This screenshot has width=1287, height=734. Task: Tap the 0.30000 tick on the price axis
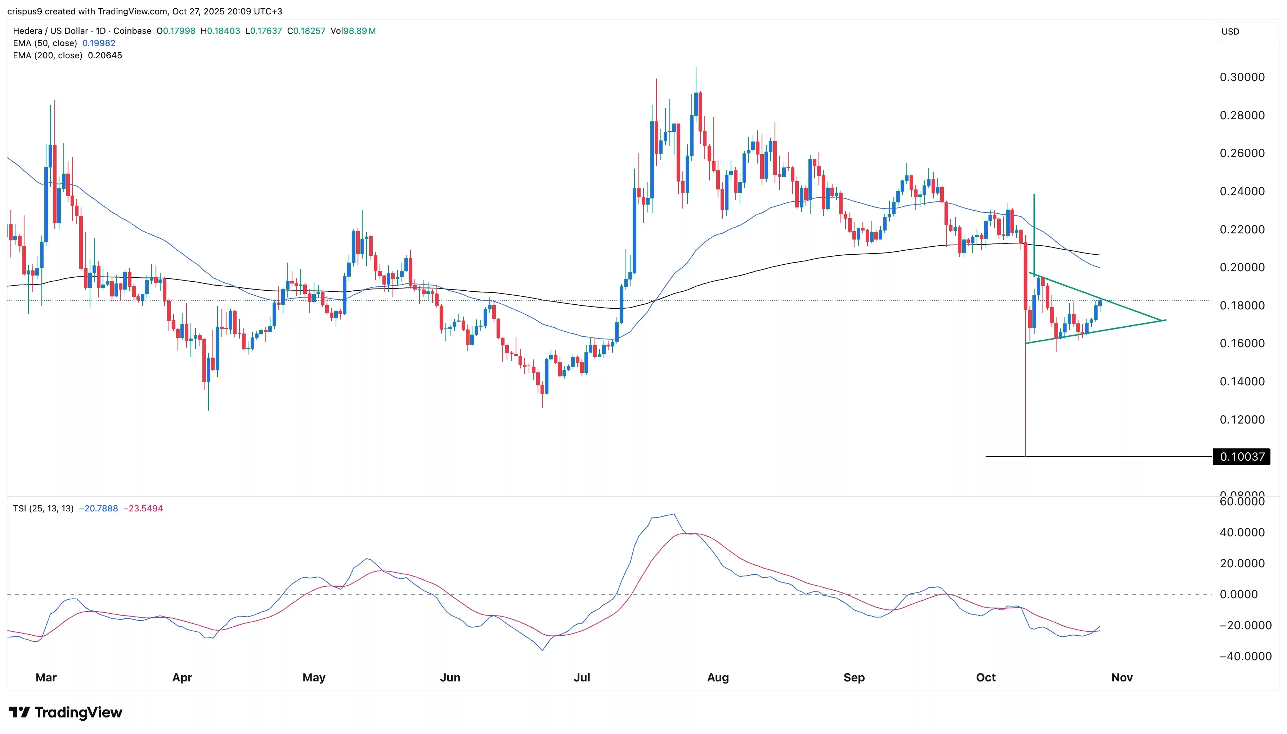[1242, 77]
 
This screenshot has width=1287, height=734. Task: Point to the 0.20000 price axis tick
[1242, 267]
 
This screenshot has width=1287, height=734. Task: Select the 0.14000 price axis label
[1242, 382]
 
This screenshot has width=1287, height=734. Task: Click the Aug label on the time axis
[718, 677]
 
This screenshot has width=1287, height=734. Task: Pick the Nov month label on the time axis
[1122, 677]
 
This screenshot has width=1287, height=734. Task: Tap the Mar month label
[46, 677]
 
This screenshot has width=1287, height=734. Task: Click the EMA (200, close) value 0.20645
[105, 55]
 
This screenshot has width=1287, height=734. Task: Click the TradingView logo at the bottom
[66, 712]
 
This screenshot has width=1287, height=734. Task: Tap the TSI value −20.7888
[98, 509]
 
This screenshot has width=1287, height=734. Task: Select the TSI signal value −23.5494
[143, 509]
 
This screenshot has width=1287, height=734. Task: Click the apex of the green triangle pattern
[1165, 320]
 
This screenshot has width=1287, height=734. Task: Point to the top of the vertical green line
[1034, 194]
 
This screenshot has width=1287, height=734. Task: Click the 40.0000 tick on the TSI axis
[1242, 532]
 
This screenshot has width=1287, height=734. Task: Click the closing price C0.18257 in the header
[306, 31]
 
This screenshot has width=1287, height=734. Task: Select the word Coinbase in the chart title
[132, 31]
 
